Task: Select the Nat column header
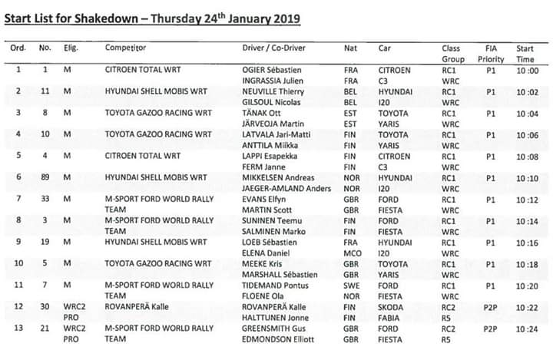[x=349, y=48]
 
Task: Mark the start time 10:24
[x=526, y=328]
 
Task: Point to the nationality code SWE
[x=351, y=285]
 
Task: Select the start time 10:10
[x=526, y=177]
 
